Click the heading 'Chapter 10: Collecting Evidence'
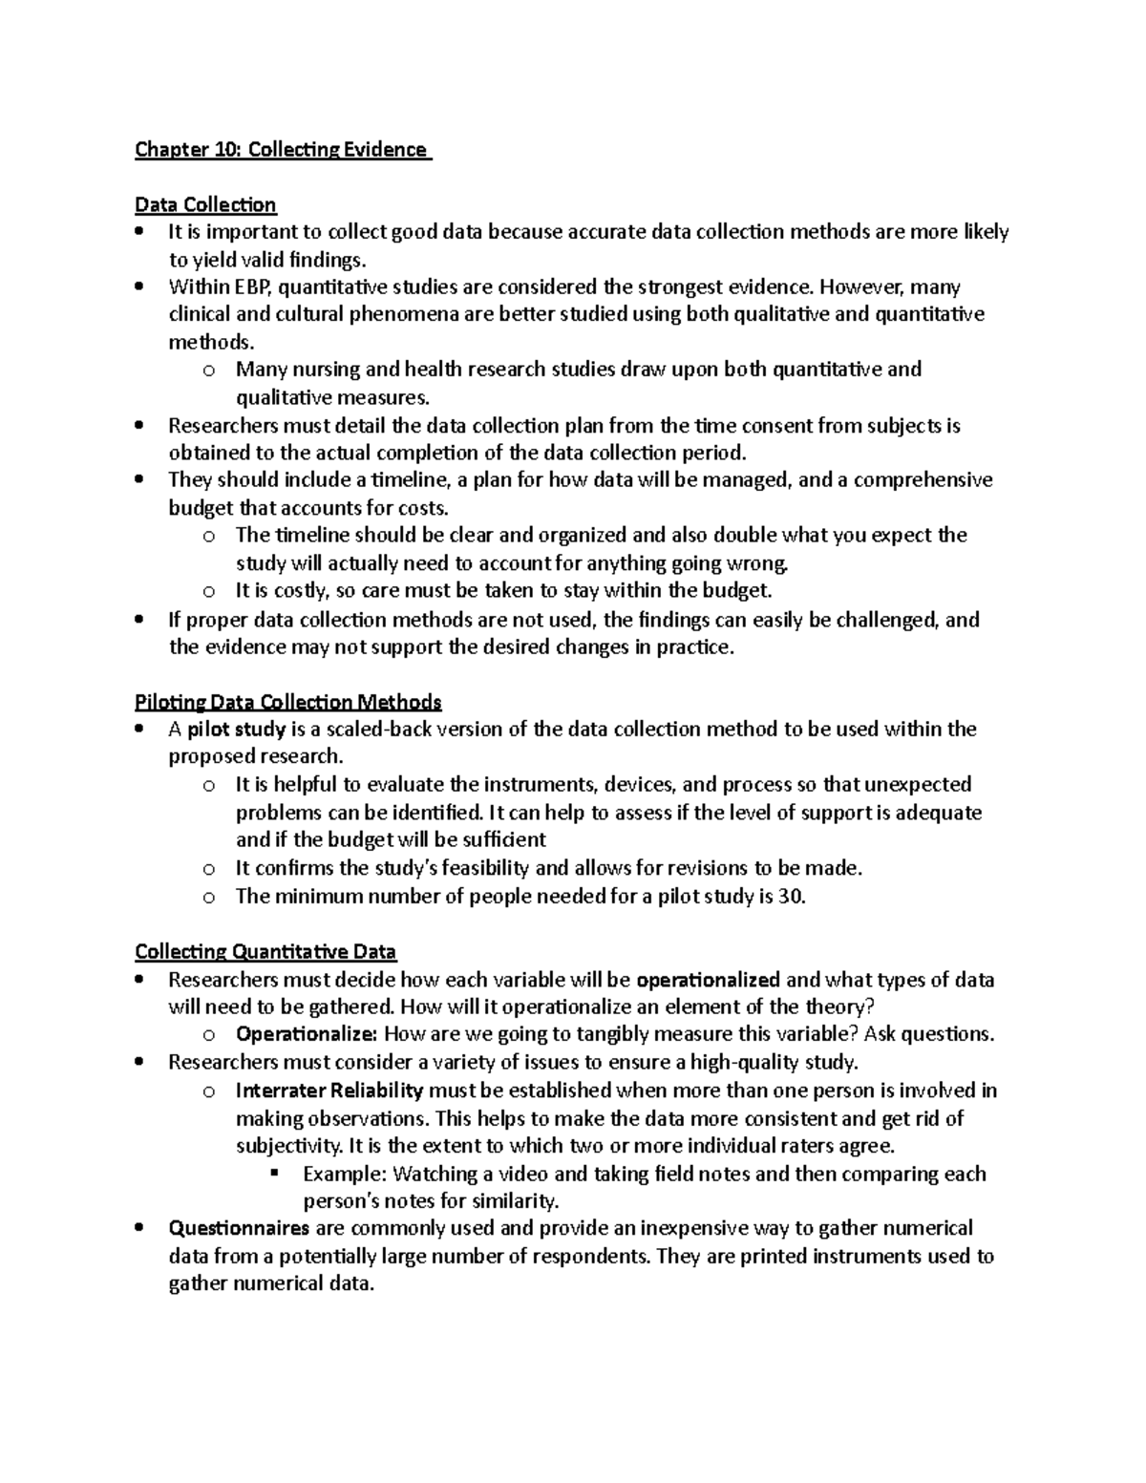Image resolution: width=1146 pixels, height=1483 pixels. point(282,150)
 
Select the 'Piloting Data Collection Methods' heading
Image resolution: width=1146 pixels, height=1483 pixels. point(287,703)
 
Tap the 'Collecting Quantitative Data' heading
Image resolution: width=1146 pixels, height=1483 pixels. point(265,952)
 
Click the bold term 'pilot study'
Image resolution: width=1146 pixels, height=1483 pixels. point(237,731)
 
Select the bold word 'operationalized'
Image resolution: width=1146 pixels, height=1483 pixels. point(708,980)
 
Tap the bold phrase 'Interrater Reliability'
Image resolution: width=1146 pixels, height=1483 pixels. point(329,1091)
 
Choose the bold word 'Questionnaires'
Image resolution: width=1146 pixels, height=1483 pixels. point(239,1228)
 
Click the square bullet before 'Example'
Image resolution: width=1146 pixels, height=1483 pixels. point(274,1173)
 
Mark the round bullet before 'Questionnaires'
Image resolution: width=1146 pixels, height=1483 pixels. point(140,1228)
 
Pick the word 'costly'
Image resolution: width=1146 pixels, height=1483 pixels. point(302,591)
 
